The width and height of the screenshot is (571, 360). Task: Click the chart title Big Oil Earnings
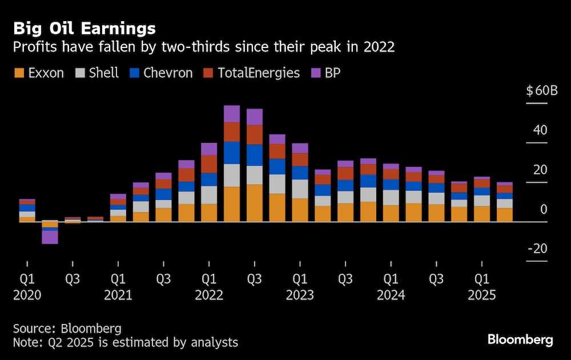point(85,29)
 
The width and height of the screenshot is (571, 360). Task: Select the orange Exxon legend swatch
point(19,73)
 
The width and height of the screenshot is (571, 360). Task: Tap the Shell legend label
point(104,73)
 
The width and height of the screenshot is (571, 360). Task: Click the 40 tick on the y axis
point(540,130)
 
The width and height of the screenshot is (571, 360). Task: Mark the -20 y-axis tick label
point(537,249)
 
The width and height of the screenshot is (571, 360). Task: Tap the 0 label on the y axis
point(544,210)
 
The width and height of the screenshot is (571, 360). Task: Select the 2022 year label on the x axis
point(208,296)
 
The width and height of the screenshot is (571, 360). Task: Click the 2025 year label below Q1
point(482,296)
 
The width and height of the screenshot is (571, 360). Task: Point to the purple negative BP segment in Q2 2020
point(50,237)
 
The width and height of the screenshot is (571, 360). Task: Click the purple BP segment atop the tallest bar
point(232,114)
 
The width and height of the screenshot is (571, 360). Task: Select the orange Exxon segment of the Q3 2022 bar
point(254,203)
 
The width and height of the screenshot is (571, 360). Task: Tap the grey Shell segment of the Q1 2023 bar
point(300,189)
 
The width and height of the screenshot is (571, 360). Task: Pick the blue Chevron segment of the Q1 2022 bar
point(209,179)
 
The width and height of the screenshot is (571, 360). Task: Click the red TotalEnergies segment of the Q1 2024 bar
point(391,174)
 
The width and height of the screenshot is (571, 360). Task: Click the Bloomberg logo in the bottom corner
point(520,340)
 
